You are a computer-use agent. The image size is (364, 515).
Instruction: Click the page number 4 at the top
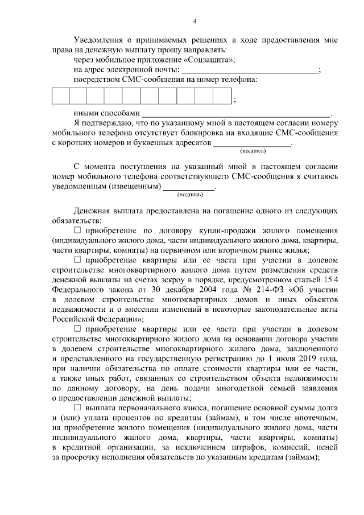[195, 22]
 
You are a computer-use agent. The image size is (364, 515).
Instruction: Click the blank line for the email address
[250, 70]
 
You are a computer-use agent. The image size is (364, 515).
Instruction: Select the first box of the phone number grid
[60, 96]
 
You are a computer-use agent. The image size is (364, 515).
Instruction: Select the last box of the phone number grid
[222, 96]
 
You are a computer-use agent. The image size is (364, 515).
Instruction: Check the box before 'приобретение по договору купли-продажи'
[78, 230]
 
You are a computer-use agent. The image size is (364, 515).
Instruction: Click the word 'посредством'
[95, 80]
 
